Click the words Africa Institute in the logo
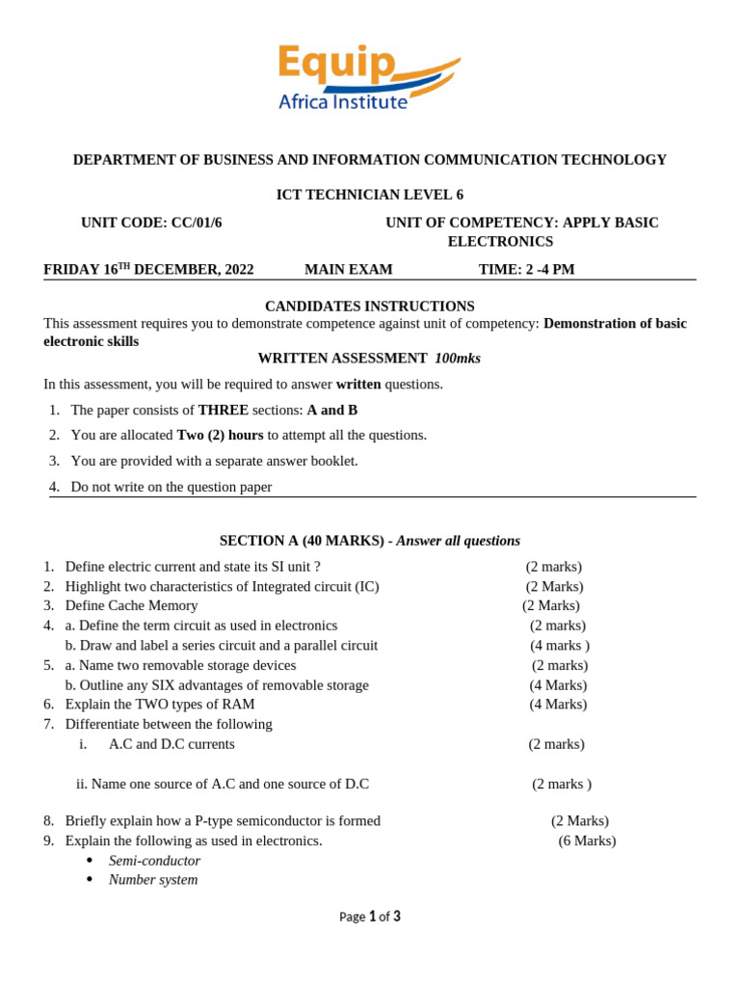[x=343, y=101]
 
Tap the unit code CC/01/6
[x=197, y=223]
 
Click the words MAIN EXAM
[x=349, y=270]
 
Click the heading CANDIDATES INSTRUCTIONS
[x=370, y=307]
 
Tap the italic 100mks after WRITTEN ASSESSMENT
[x=458, y=359]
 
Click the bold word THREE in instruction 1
[x=224, y=410]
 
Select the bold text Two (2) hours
[x=220, y=436]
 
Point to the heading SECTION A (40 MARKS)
[x=302, y=541]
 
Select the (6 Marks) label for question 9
[x=587, y=840]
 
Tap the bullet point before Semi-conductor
[x=90, y=861]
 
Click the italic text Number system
[x=153, y=880]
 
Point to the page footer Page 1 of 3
[x=370, y=917]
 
